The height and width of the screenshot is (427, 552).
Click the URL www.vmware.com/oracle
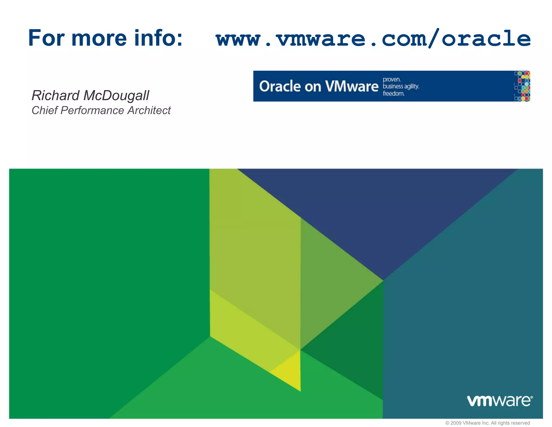coord(373,39)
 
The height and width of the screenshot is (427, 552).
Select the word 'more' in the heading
coord(99,39)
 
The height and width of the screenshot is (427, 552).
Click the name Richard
coord(56,95)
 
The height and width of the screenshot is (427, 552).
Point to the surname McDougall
coord(116,96)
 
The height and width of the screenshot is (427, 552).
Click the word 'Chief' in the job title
coord(44,110)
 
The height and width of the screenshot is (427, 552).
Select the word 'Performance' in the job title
coord(92,110)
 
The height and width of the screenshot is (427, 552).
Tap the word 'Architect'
coord(149,110)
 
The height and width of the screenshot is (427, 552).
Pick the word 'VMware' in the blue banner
coord(352,86)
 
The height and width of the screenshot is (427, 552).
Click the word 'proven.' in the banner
coord(392,80)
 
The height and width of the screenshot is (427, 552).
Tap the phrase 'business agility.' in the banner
coord(401,86)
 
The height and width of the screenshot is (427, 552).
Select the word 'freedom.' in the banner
coord(394,94)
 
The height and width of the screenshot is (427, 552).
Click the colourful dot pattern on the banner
coord(522,86)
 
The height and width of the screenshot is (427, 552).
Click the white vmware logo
coord(499,401)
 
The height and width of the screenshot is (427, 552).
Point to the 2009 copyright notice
coord(487,423)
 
